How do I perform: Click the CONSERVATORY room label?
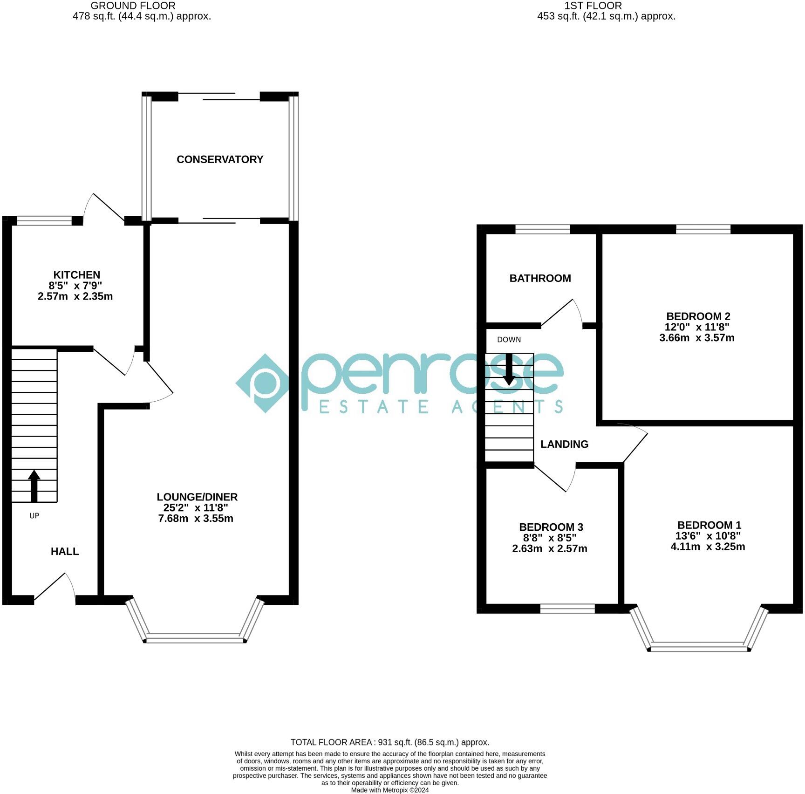tap(220, 159)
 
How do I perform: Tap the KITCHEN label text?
tap(76, 275)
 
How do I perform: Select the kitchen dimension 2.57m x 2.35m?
tap(75, 296)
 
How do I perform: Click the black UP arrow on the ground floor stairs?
tap(34, 485)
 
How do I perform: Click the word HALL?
tap(65, 551)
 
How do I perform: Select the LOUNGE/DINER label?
tap(197, 497)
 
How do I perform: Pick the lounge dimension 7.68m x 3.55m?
tap(196, 518)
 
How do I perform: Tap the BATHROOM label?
tap(540, 278)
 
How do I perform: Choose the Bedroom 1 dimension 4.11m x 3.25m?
tap(708, 547)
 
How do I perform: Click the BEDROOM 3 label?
tap(551, 527)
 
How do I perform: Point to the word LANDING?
tap(564, 444)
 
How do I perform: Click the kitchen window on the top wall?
tap(44, 221)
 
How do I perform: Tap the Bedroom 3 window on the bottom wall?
tap(567, 608)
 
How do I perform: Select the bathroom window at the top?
tap(542, 229)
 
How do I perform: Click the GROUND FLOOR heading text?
tap(133, 6)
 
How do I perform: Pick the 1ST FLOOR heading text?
tap(593, 6)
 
